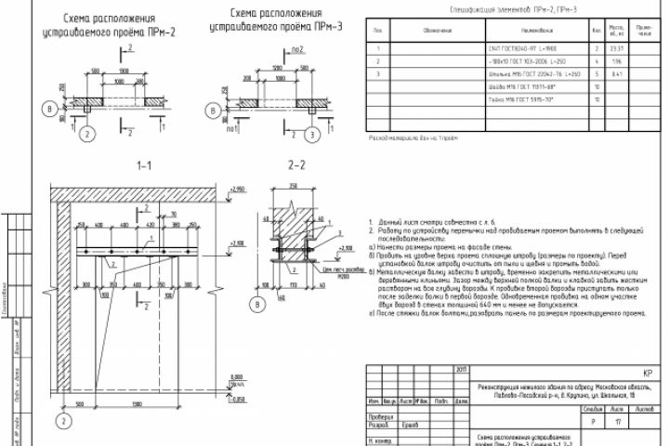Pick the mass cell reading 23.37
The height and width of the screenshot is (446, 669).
tap(615, 46)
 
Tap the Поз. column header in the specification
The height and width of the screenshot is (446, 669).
tap(377, 31)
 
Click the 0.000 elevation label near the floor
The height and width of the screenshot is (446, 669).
tap(235, 374)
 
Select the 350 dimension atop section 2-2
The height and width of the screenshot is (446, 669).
tap(295, 186)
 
